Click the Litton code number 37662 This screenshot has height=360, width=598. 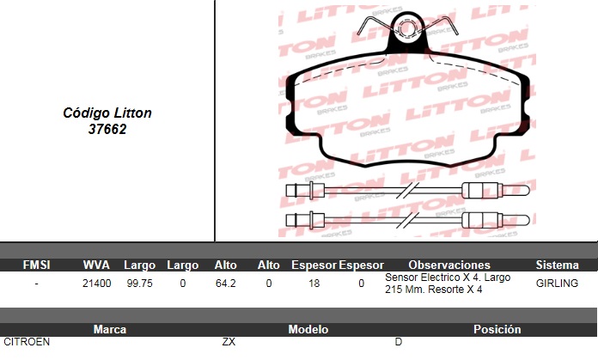tap(107, 129)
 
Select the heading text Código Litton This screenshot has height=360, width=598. tap(107, 113)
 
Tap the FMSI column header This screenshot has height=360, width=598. tap(36, 265)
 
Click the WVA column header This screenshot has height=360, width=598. tap(96, 265)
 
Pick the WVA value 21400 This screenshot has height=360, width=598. tap(97, 284)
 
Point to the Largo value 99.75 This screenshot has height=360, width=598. tap(139, 284)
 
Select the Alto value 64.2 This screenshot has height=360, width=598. tap(225, 284)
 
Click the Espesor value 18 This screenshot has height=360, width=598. tap(314, 284)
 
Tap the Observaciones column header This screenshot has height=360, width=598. tap(449, 265)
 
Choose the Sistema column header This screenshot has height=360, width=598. tap(558, 265)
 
